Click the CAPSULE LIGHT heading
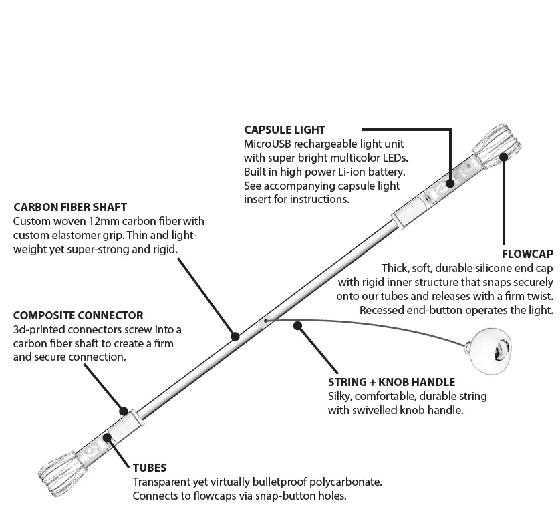[x=285, y=130]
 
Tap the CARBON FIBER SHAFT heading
[x=70, y=208]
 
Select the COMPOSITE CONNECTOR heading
[x=78, y=315]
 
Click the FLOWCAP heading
[x=527, y=254]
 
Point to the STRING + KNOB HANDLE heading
[x=392, y=383]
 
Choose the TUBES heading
[x=150, y=468]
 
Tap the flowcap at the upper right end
[x=497, y=144]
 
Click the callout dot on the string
[x=298, y=326]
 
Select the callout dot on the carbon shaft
[x=235, y=336]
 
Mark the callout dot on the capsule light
[x=450, y=181]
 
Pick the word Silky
[x=341, y=397]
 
